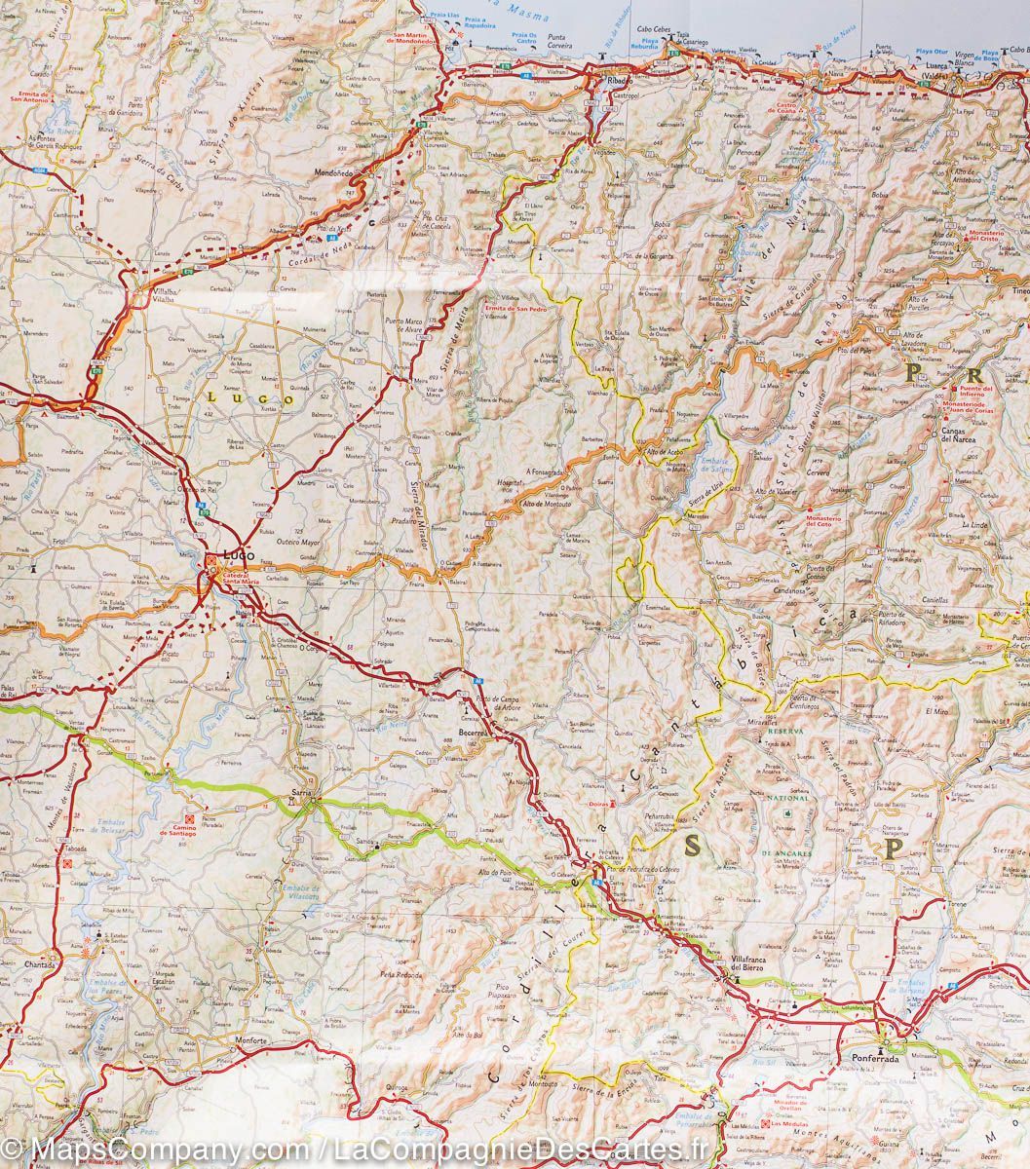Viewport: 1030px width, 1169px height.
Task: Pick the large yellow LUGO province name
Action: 248,397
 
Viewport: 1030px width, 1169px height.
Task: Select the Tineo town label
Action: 1018,292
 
